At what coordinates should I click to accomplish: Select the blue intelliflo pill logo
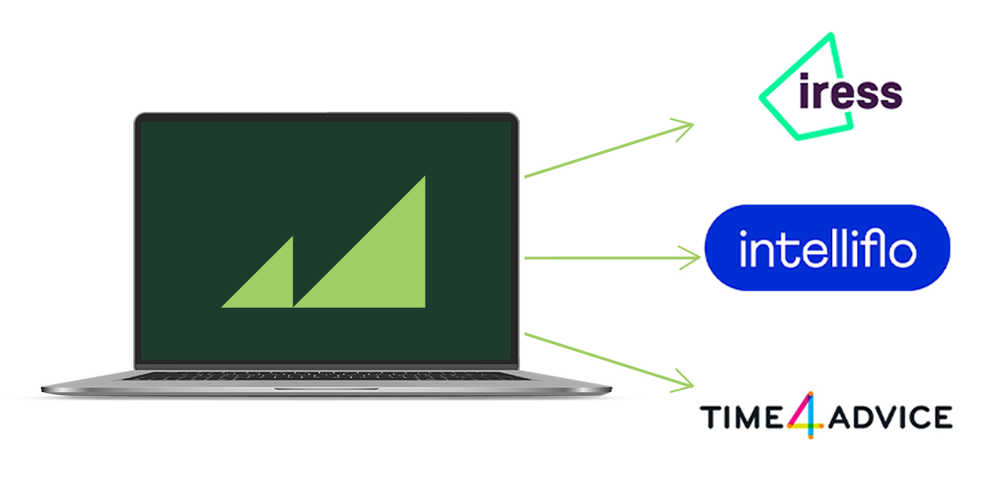[x=828, y=248]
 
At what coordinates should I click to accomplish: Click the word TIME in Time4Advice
[x=739, y=417]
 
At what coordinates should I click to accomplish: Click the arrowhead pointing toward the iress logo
[x=683, y=125]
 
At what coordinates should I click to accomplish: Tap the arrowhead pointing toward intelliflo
[x=690, y=258]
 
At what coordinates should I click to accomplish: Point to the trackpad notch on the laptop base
[x=324, y=389]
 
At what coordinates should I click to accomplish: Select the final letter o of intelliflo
[x=902, y=253]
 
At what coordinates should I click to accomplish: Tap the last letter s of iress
[x=889, y=94]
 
